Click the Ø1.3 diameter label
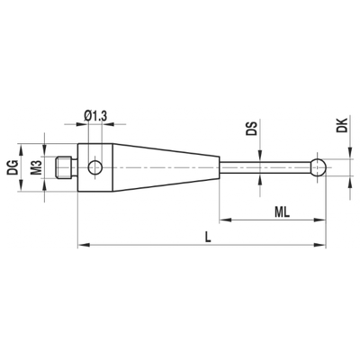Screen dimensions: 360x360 coord(95,116)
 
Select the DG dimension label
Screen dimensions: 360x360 coord(13,167)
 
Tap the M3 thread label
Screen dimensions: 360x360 coord(36,167)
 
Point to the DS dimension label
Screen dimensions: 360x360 coord(251,129)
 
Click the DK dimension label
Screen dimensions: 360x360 coord(342,125)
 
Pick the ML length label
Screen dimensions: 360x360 coord(282,212)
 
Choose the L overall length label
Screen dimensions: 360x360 coord(207,238)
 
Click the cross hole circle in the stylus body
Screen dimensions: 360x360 coord(94,167)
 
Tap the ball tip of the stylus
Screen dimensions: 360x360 coord(318,167)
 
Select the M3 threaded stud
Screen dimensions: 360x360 coord(64,167)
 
